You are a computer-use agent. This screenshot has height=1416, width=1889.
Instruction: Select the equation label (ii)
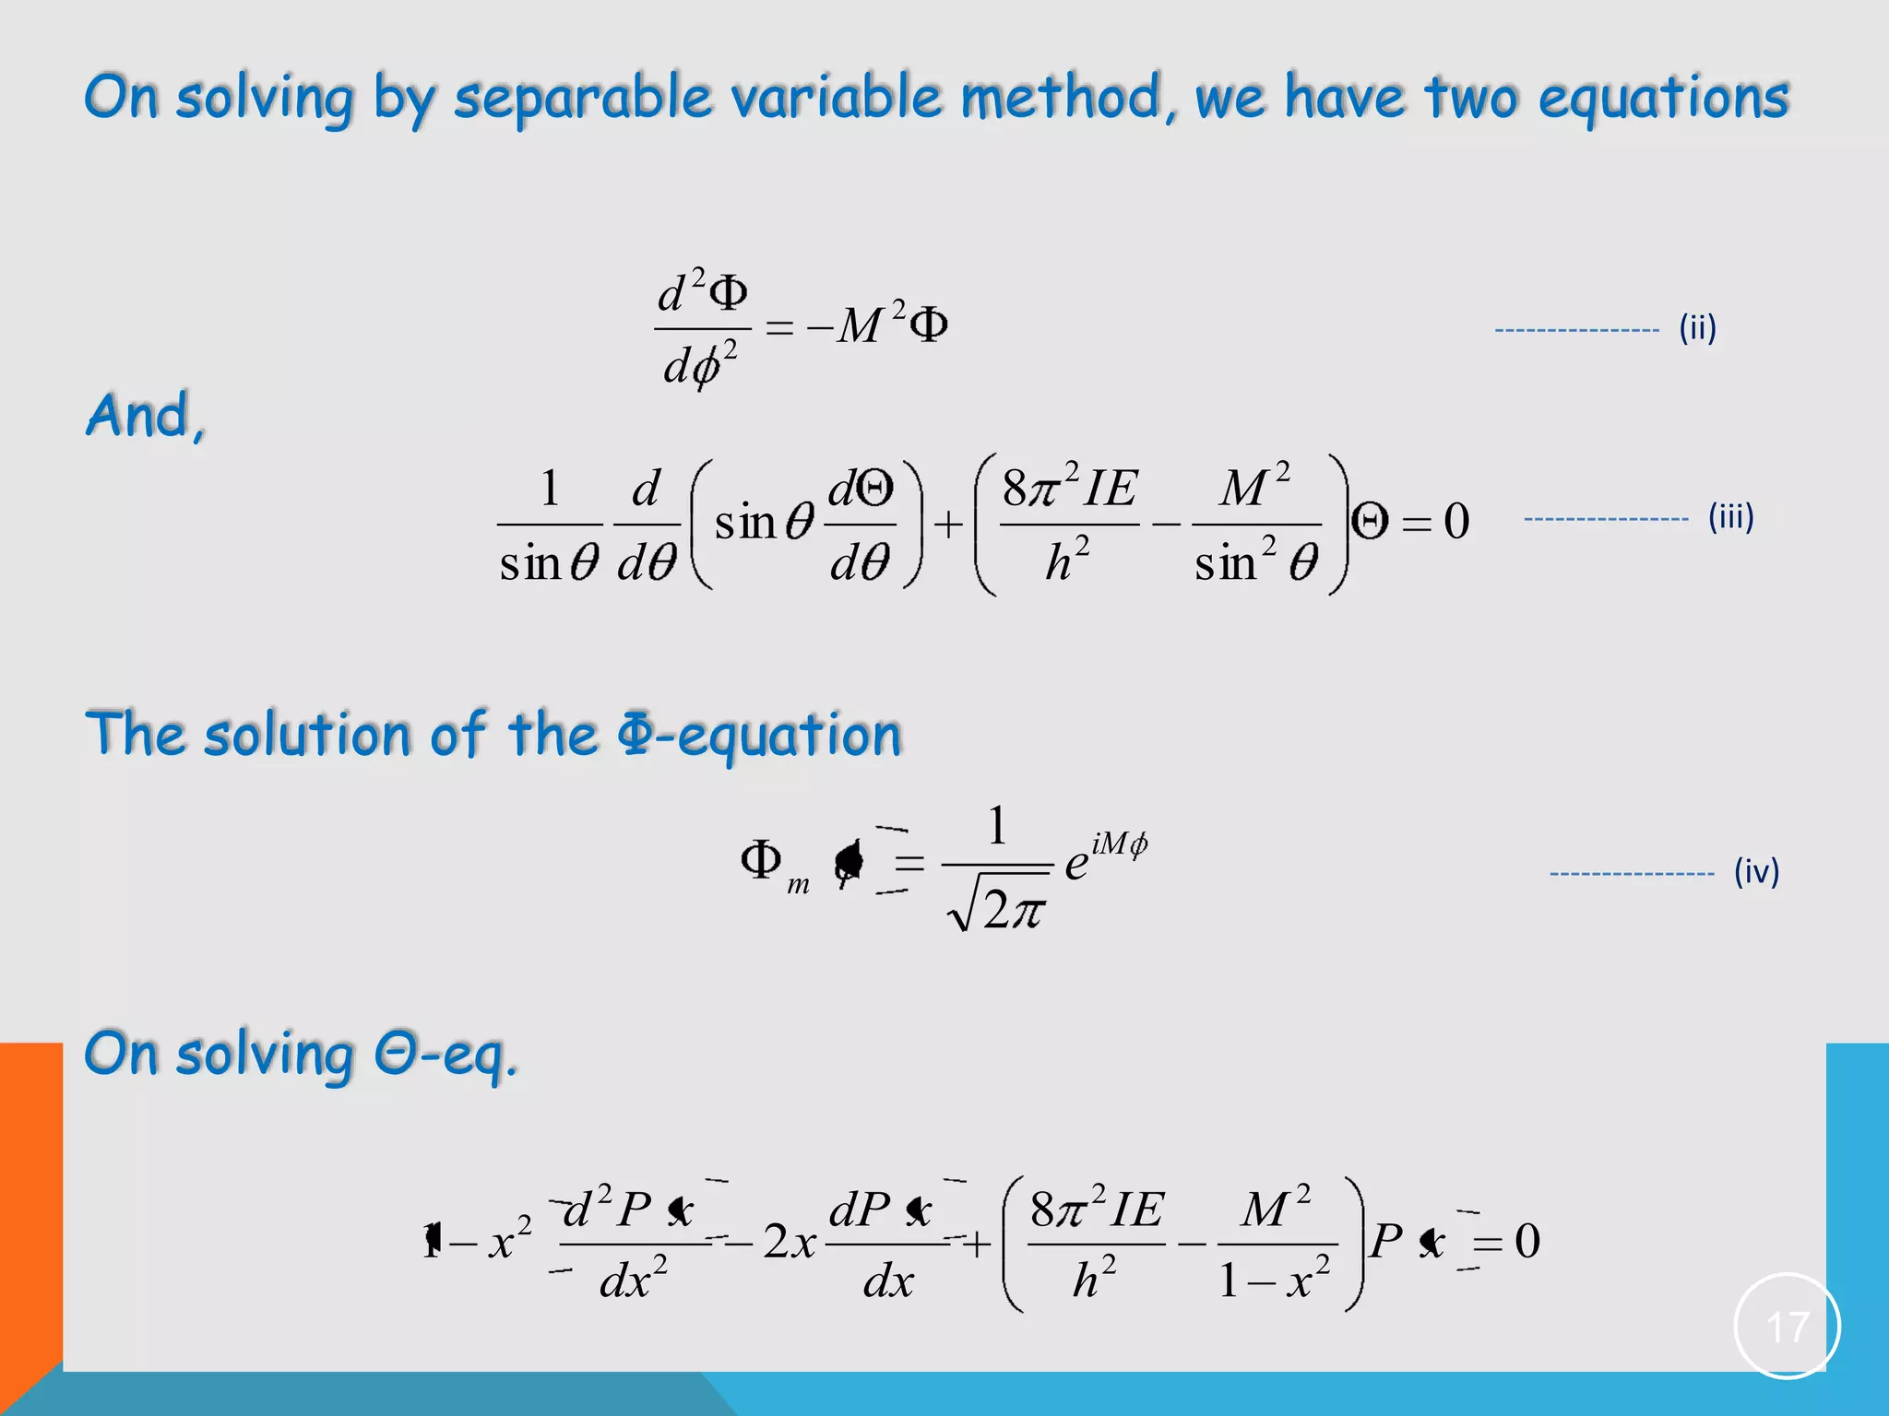pyautogui.click(x=1697, y=328)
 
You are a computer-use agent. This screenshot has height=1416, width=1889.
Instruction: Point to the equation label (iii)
pyautogui.click(x=1730, y=516)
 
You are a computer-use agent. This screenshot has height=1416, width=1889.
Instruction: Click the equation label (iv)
pyautogui.click(x=1756, y=871)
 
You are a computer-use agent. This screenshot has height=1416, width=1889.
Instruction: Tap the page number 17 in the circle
pyautogui.click(x=1787, y=1327)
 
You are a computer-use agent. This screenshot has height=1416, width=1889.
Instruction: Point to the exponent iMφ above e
pyautogui.click(x=1119, y=844)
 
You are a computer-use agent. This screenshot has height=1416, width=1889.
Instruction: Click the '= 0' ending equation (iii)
pyautogui.click(x=1435, y=522)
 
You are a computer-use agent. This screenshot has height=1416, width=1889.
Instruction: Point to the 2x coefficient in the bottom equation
pyautogui.click(x=790, y=1242)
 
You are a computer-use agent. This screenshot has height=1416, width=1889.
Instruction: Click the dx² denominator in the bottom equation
pyautogui.click(x=633, y=1280)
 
